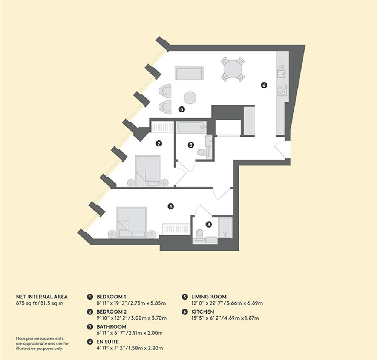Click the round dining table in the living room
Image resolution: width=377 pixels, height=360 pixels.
click(233, 69)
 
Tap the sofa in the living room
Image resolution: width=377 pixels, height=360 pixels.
click(189, 73)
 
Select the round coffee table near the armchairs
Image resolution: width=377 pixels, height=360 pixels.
click(190, 98)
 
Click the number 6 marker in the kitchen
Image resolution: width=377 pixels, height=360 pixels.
click(264, 85)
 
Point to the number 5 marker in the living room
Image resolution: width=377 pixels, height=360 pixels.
click(182, 109)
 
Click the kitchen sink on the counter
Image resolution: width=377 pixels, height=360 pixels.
click(281, 73)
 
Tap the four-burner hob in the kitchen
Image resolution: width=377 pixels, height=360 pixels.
click(282, 90)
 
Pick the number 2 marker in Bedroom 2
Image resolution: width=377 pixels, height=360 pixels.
click(159, 144)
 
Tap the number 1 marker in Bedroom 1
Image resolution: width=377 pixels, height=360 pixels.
click(171, 206)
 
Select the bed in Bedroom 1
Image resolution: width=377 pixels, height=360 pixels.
click(132, 222)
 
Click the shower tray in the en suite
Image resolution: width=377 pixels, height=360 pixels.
click(225, 228)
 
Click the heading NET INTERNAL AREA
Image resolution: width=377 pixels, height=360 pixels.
click(42, 297)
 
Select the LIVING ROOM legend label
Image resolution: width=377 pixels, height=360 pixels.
click(209, 297)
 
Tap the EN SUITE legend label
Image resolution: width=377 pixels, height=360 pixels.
click(107, 342)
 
